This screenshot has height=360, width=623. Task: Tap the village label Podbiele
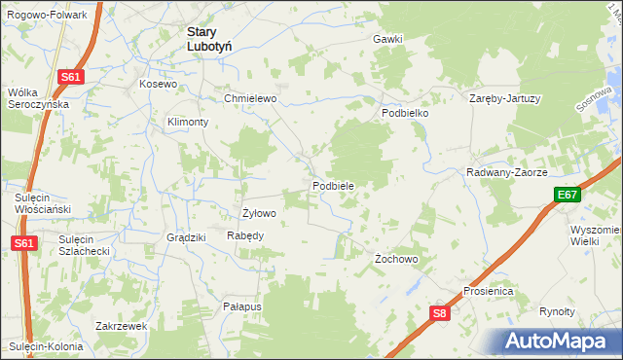pos(332,185)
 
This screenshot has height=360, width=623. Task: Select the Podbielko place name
pos(405,113)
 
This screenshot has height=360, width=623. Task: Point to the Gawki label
pos(386,39)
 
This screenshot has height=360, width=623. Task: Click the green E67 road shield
pos(568,196)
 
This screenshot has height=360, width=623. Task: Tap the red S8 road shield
pos(440,312)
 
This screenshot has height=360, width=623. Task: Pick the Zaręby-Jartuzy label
pos(504,99)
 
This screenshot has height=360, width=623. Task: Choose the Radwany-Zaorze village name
pos(507,172)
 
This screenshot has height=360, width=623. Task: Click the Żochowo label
pos(396,260)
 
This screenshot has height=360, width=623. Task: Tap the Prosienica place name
pos(488,291)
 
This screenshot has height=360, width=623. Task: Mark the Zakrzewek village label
pos(122,326)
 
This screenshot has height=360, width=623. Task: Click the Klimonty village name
pos(188,122)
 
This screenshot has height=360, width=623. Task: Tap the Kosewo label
pos(159,85)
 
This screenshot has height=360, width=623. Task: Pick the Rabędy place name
pos(245,235)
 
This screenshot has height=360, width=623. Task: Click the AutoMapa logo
pos(559,341)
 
